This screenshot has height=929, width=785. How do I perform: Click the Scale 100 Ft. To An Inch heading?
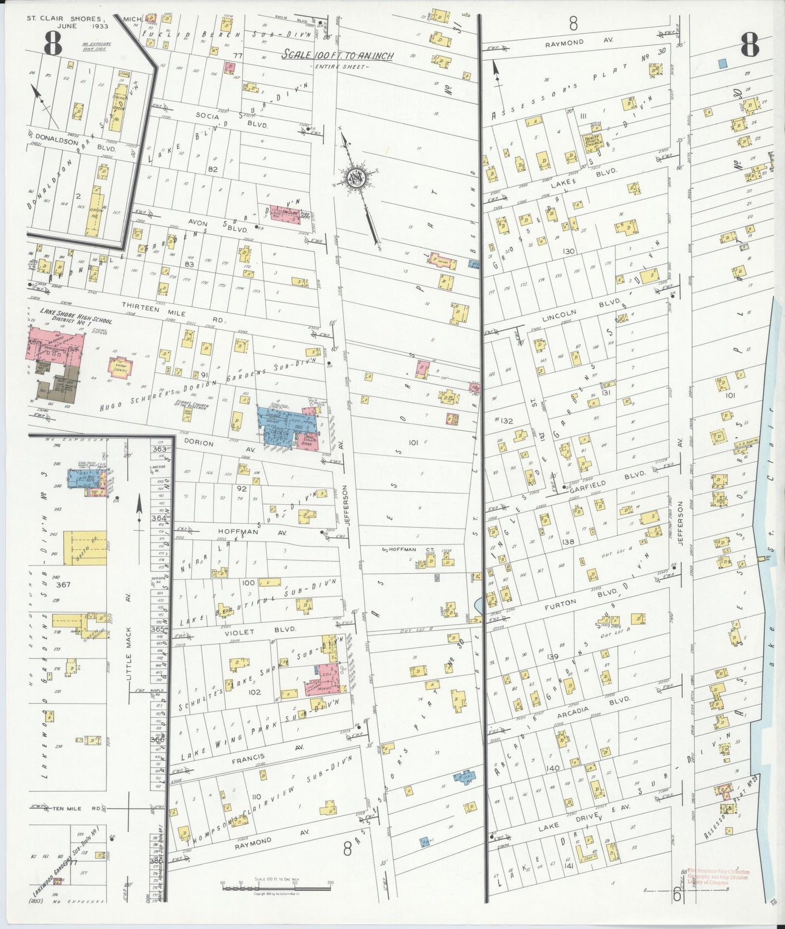[337, 55]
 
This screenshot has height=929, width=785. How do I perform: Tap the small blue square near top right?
[722, 63]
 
